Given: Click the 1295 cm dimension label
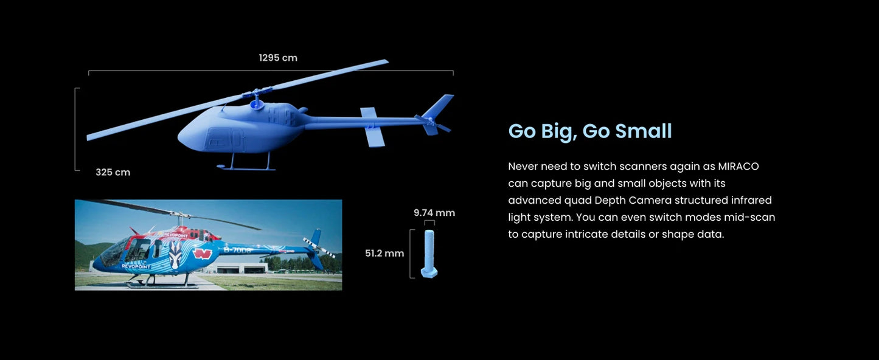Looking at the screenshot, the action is point(278,58).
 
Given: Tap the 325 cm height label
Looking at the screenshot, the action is point(113,172).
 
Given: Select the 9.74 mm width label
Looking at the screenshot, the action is point(434,213).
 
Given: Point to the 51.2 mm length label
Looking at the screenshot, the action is point(384,254).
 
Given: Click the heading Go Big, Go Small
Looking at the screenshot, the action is point(590,131).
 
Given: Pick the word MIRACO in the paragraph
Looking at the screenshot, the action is point(738,166).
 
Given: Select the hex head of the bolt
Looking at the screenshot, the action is point(429,272).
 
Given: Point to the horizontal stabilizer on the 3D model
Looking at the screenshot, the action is point(372,127).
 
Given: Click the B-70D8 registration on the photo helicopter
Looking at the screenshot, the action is point(237,250).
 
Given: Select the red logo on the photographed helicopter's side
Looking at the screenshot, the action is point(203,254).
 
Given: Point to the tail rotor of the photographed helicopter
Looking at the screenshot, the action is point(319,247).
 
